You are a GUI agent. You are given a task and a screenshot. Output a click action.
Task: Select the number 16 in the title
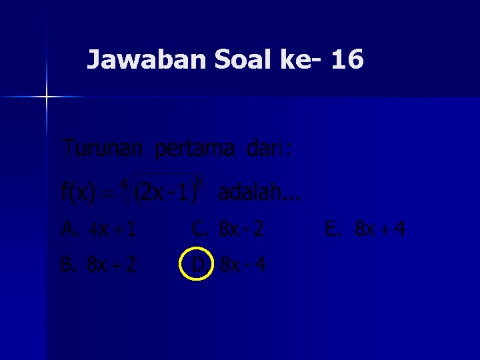click(347, 60)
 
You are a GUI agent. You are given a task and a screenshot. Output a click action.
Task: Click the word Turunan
click(103, 148)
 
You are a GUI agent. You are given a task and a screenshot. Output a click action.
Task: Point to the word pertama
click(195, 149)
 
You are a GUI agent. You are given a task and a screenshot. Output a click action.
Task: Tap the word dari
click(265, 148)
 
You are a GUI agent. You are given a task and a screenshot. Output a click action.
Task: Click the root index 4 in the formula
click(124, 182)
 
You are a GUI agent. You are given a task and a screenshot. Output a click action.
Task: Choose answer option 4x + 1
click(113, 230)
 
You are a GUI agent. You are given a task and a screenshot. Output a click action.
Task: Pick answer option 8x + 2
click(111, 265)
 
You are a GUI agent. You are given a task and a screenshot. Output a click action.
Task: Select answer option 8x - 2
click(241, 230)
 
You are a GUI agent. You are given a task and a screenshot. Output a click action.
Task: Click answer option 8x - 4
click(243, 265)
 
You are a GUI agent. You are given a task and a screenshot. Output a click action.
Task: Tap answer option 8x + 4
click(379, 230)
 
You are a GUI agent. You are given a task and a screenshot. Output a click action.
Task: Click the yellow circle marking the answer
click(197, 265)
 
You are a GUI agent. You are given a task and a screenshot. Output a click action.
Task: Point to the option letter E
click(331, 230)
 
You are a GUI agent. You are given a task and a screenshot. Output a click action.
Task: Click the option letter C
click(199, 230)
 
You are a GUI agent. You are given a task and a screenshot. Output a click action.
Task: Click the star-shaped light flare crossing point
click(47, 97)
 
